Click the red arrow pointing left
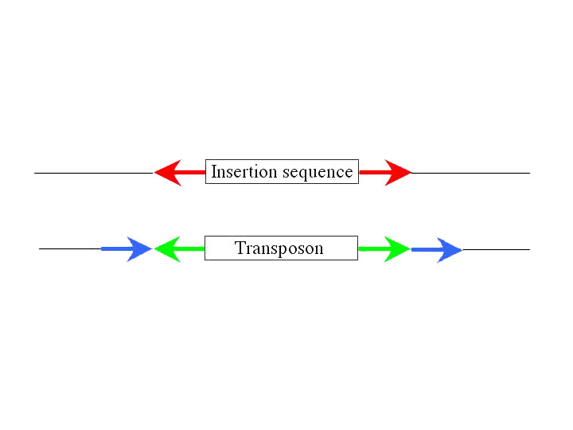[x=179, y=173]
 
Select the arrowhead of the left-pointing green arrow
[x=167, y=249]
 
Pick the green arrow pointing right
[x=384, y=249]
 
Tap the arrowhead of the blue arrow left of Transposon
[x=138, y=249]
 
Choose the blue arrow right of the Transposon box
[x=437, y=250]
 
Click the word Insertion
[x=244, y=172]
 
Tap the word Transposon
[x=279, y=249]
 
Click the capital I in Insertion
[x=215, y=172]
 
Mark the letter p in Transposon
[x=285, y=251]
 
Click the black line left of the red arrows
[x=94, y=173]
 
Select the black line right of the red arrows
[x=470, y=173]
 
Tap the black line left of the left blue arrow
[x=70, y=248]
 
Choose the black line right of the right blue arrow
[x=497, y=250]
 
